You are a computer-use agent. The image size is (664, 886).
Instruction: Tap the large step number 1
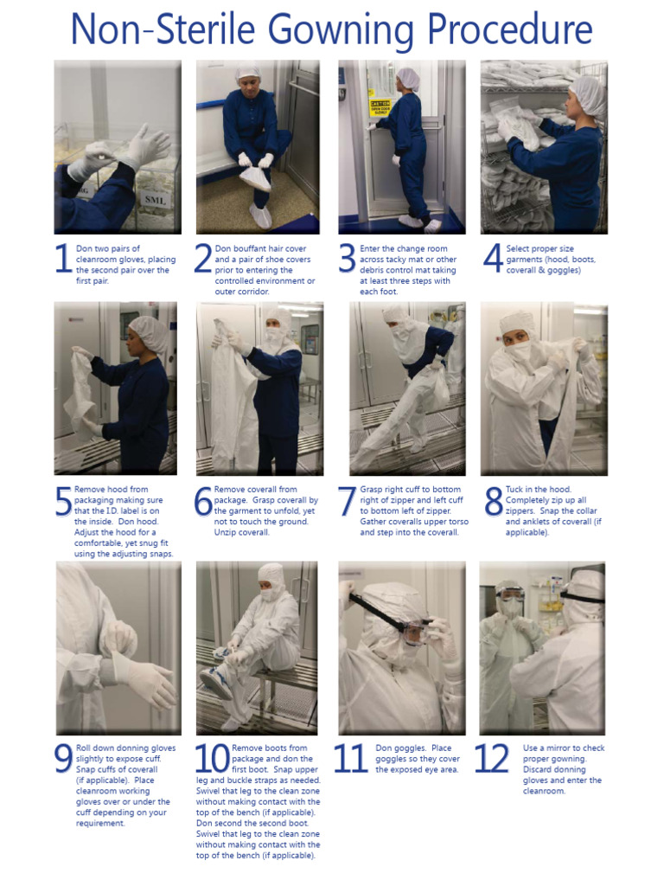(62, 260)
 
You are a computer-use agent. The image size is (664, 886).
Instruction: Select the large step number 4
(492, 260)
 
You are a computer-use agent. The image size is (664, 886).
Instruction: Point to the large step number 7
(347, 502)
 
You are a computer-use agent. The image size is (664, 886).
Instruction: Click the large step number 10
(210, 759)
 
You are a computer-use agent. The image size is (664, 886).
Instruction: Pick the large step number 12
(492, 759)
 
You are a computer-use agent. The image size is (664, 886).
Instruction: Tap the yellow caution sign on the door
(380, 108)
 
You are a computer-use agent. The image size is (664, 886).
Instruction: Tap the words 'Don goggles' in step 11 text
(400, 748)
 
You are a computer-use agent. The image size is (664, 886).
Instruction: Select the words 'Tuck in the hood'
(539, 490)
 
